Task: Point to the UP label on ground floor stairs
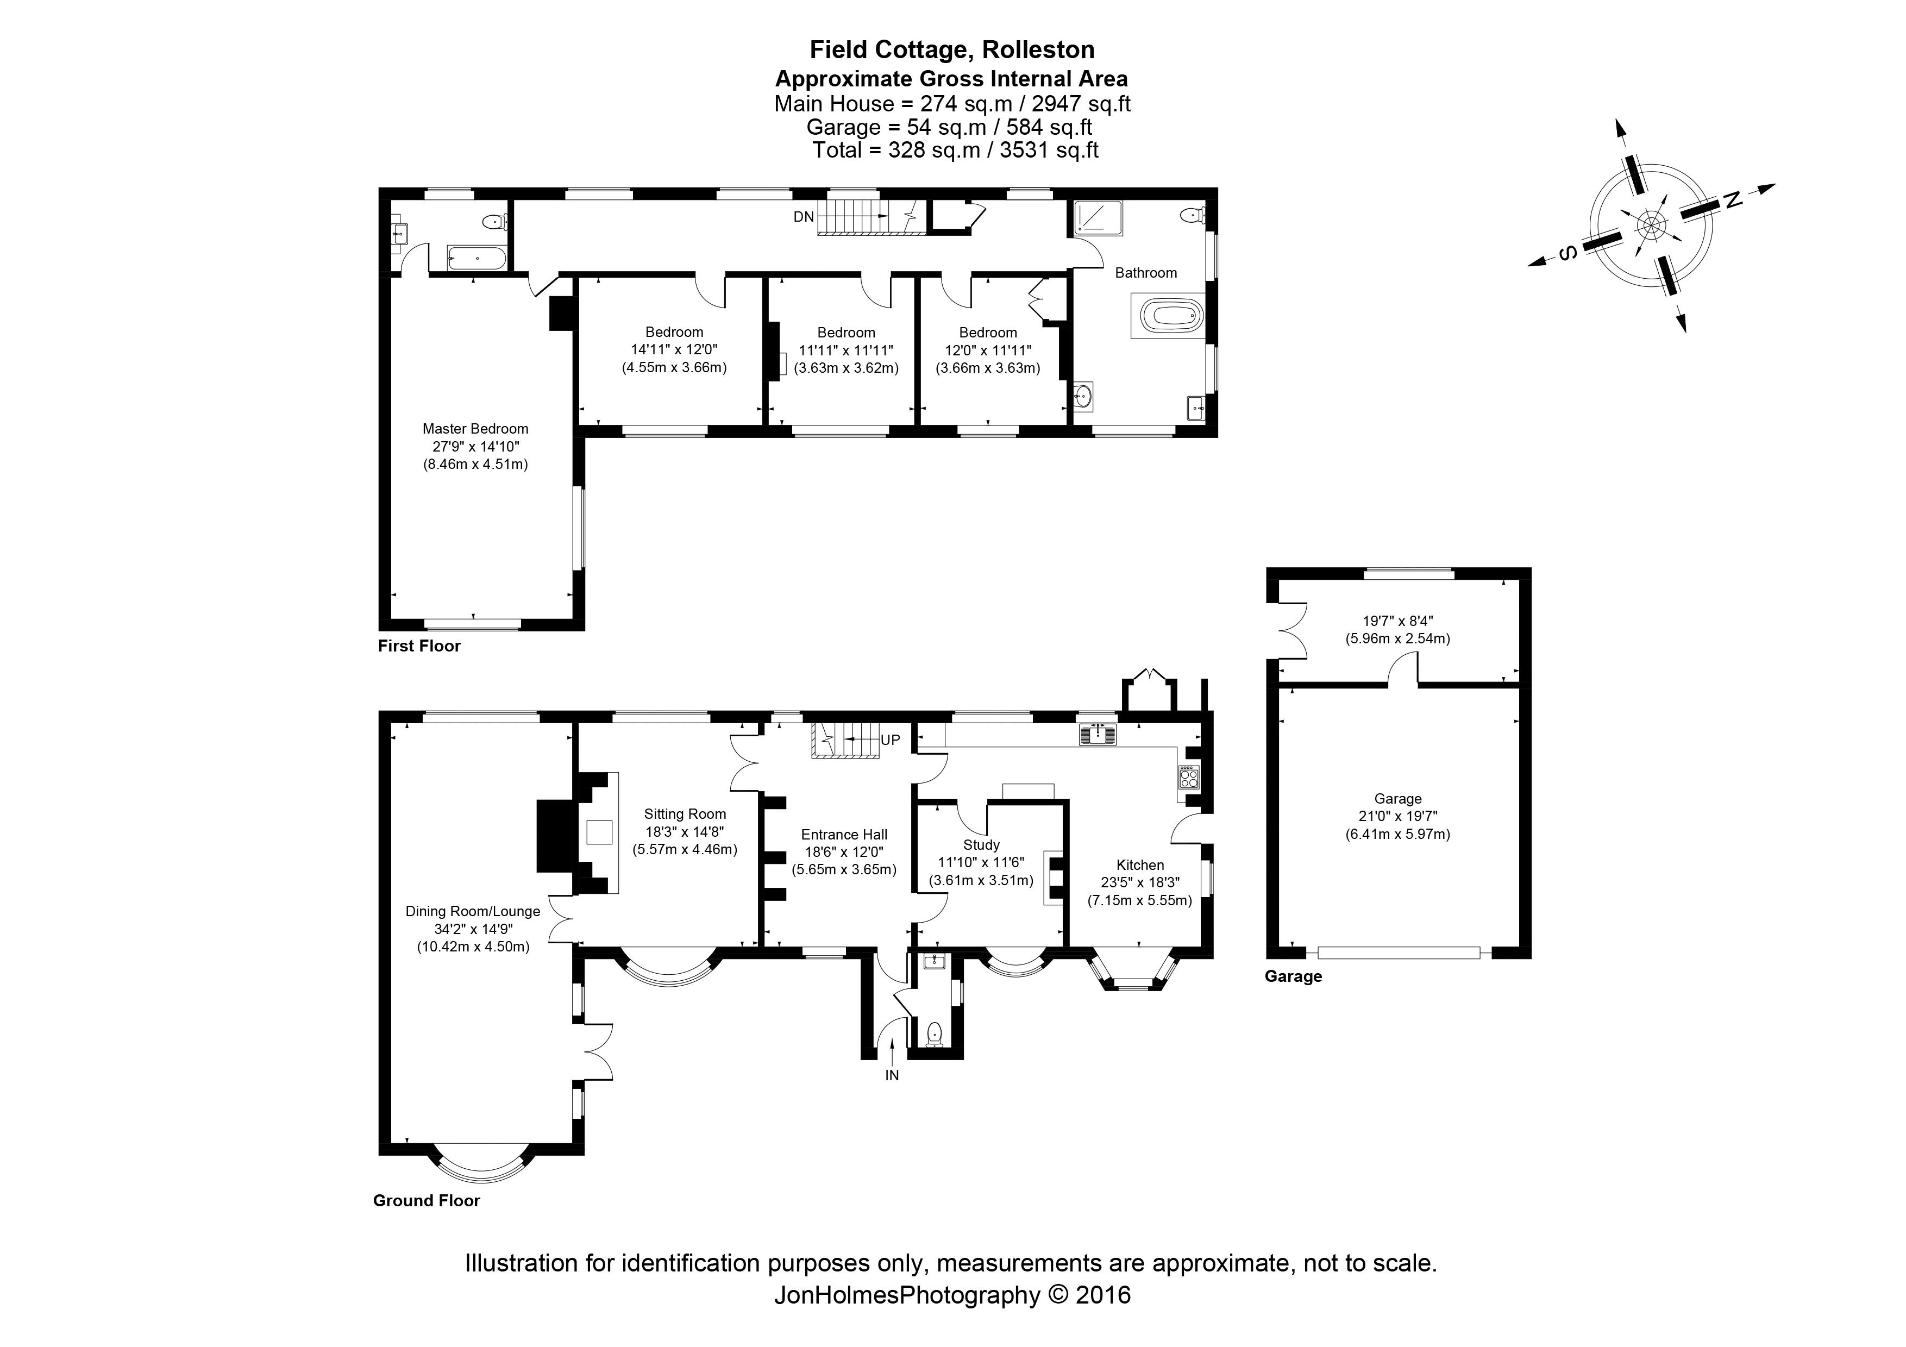tap(890, 740)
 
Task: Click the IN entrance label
tap(892, 1076)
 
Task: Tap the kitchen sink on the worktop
tap(1098, 735)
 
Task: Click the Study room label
tap(981, 845)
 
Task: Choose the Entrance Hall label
tap(844, 835)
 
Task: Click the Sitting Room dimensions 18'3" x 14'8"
tap(685, 831)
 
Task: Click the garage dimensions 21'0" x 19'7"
tap(1398, 817)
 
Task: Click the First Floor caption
tap(419, 646)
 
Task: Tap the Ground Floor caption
tap(427, 1201)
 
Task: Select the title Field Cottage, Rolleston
tap(952, 50)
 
